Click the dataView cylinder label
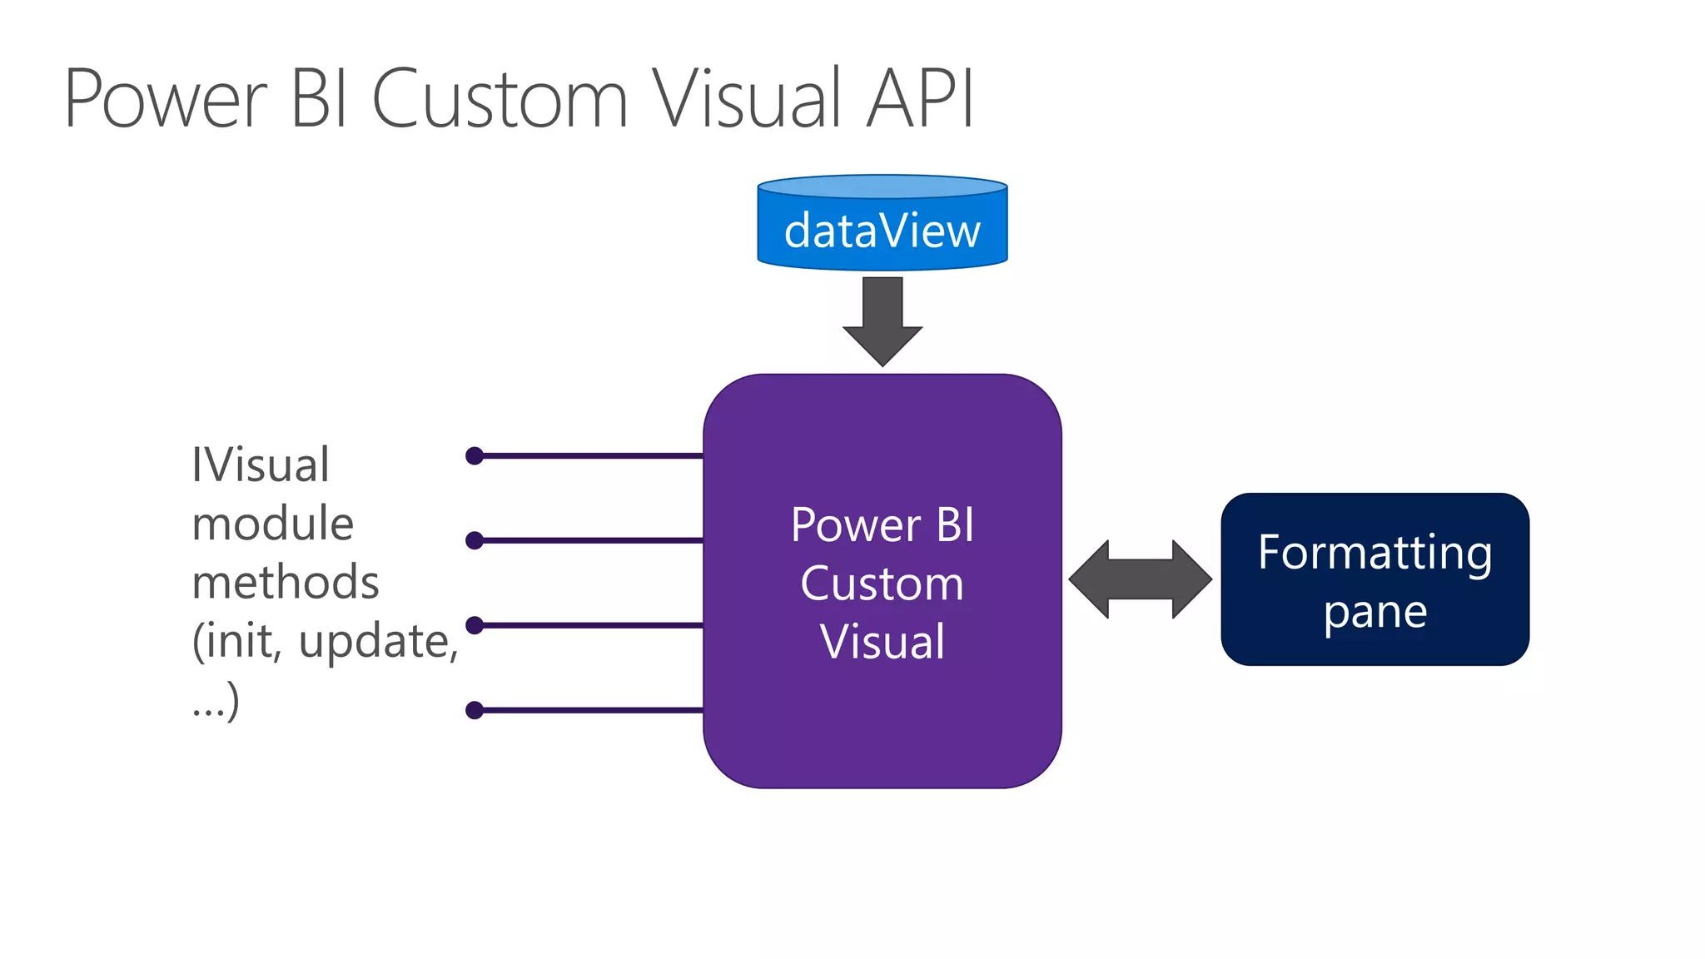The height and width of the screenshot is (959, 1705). [x=882, y=231]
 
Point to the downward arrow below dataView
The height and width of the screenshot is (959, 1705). [x=882, y=320]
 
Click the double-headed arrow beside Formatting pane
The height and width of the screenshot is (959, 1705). [x=1140, y=579]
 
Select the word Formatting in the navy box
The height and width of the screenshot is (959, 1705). [x=1374, y=552]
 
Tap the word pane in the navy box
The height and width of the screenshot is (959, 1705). [x=1374, y=614]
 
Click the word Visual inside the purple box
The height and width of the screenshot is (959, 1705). [x=882, y=642]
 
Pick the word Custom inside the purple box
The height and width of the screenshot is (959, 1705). [x=882, y=584]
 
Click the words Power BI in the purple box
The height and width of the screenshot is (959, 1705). [x=882, y=525]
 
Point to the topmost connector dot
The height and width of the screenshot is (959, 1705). [x=475, y=455]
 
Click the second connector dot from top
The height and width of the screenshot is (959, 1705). [x=475, y=540]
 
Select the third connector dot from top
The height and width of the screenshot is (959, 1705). [x=475, y=624]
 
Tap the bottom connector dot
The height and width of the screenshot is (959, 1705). [x=475, y=710]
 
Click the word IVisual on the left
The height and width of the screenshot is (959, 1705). [x=261, y=465]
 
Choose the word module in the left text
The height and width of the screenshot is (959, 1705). [x=272, y=524]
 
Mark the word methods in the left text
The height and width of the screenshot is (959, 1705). [x=285, y=582]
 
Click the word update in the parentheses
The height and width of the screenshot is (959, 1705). [x=372, y=641]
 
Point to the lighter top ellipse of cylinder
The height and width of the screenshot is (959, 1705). [x=882, y=186]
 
